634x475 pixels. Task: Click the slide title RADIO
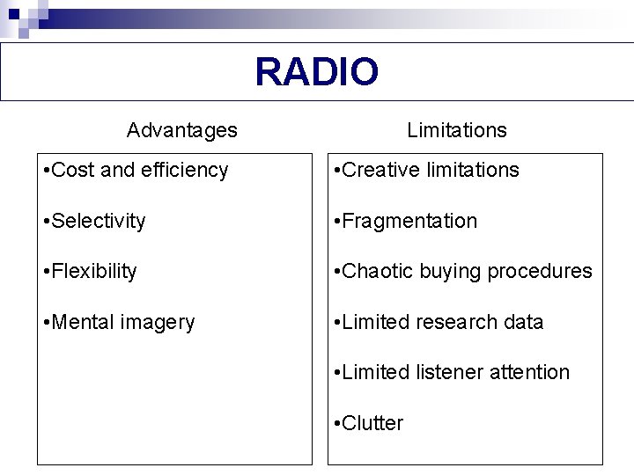click(x=317, y=72)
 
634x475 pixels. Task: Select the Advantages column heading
click(x=181, y=130)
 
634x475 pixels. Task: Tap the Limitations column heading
click(x=456, y=130)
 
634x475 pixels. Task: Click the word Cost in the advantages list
click(x=73, y=170)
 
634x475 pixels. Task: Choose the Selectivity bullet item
click(x=98, y=221)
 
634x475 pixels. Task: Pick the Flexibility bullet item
click(x=93, y=271)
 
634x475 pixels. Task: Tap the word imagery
click(x=158, y=323)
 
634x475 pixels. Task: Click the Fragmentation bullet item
click(x=409, y=221)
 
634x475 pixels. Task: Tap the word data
click(x=524, y=322)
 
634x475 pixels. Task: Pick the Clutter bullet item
click(x=372, y=423)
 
